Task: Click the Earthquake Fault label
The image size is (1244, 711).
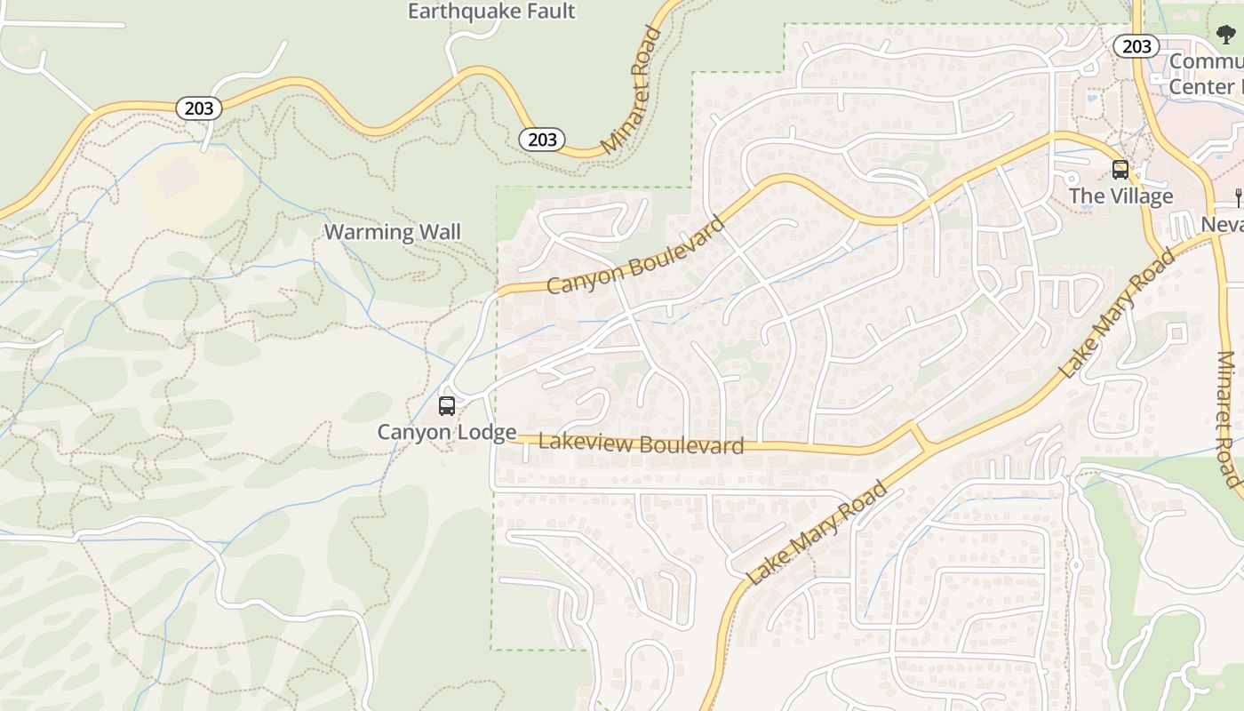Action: point(491,12)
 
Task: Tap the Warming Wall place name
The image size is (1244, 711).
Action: point(392,233)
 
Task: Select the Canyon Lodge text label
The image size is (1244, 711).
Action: point(447,433)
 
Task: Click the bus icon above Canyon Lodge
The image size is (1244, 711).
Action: point(447,406)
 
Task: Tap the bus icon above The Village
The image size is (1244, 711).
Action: point(1120,169)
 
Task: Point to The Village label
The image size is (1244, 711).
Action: point(1120,196)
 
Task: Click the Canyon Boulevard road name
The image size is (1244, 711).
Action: point(636,255)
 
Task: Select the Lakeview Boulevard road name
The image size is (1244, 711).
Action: point(641,443)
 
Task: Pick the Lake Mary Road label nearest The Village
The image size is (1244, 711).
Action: point(1117,314)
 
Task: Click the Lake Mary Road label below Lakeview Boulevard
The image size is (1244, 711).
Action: point(817,532)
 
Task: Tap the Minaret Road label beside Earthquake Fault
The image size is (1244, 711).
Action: point(631,91)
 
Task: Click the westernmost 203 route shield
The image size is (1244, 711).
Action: point(199,108)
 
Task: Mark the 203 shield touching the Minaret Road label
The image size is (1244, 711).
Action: point(542,140)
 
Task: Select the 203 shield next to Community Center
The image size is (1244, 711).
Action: point(1136,46)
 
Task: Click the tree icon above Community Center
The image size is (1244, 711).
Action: point(1226,36)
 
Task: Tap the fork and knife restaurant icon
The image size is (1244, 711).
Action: point(1237,196)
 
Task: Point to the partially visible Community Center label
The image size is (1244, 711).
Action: point(1206,74)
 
